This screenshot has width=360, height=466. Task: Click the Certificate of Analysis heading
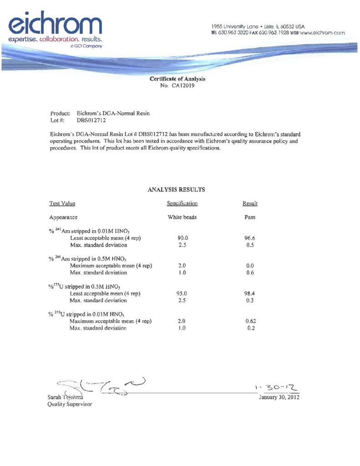177,79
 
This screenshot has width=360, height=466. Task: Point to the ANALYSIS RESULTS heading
177,189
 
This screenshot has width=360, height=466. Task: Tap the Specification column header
182,203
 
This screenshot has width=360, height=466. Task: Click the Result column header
250,203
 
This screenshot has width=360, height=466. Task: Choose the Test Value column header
62,203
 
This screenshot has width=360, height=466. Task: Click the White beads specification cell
182,218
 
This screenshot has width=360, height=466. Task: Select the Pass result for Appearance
250,218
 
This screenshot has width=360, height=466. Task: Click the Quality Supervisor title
70,404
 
